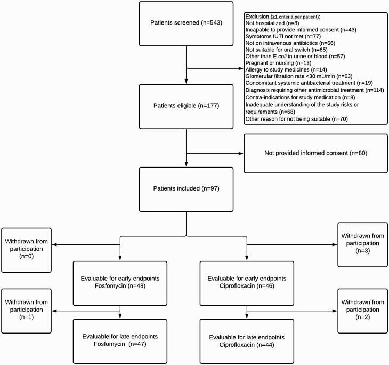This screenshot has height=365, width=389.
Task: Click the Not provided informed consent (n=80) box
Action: pyautogui.click(x=314, y=153)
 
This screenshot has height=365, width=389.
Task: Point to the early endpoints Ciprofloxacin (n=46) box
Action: pyautogui.click(x=247, y=282)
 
